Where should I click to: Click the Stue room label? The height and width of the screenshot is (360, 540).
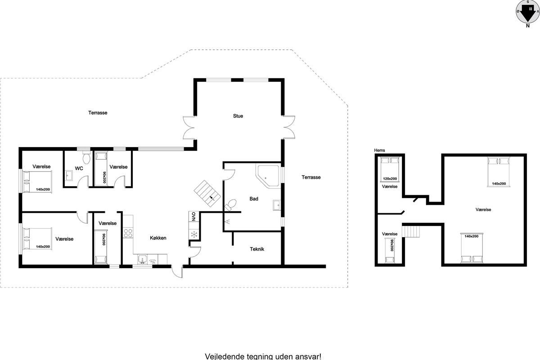click(238, 116)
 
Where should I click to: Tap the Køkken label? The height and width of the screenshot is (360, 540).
click(158, 238)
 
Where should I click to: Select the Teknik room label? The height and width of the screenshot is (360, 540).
click(257, 249)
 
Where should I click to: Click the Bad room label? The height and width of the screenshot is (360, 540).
click(254, 199)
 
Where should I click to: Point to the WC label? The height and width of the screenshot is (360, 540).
click(79, 168)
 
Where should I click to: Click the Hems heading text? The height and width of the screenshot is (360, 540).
click(379, 150)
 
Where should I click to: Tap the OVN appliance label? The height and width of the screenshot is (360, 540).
click(193, 216)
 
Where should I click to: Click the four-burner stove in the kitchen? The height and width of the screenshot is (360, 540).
click(128, 233)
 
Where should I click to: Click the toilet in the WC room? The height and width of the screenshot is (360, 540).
click(86, 157)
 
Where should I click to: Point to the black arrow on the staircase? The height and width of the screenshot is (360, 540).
click(212, 198)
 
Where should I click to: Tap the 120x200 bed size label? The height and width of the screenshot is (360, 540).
click(390, 179)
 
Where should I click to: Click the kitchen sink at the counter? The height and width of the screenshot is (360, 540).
click(143, 260)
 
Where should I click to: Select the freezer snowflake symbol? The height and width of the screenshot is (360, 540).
click(194, 234)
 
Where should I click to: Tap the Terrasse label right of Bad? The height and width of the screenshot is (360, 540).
click(311, 177)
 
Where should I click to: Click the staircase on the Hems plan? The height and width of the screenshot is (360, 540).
click(411, 231)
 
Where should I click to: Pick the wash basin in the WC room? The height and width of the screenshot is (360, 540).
click(69, 175)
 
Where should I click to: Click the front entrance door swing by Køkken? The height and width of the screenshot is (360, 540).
click(177, 272)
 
